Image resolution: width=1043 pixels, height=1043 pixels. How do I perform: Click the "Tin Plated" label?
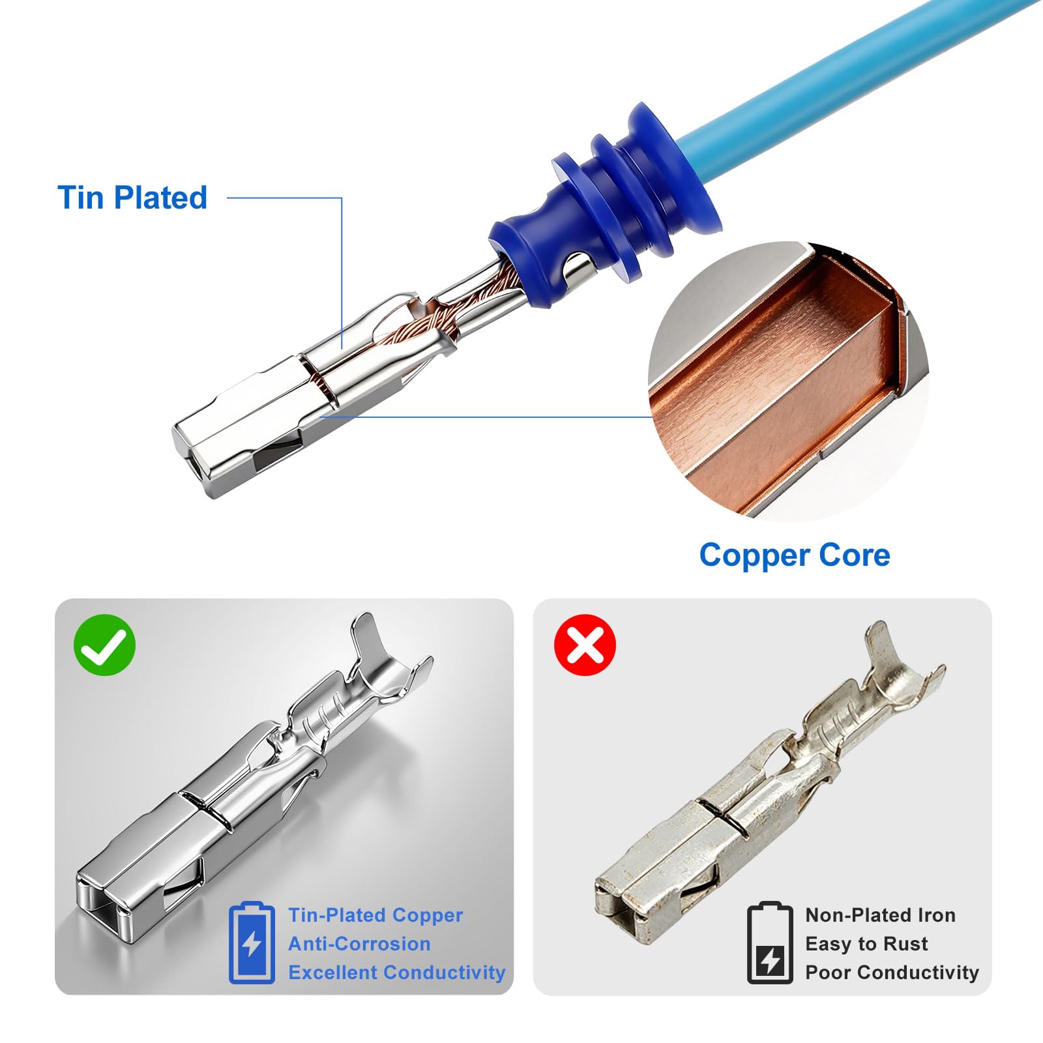pos(132,198)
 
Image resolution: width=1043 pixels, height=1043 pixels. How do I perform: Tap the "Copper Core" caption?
pos(795,555)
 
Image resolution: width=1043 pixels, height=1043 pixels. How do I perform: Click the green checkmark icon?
pos(104,645)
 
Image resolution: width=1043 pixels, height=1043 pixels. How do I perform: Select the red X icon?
pos(585,645)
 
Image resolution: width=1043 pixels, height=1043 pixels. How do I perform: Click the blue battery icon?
pos(252,943)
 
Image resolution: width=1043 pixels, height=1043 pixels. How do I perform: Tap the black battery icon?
pos(770,943)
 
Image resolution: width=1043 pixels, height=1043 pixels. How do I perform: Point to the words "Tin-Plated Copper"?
pos(375,915)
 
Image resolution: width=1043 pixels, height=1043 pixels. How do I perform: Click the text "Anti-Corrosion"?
pos(359,944)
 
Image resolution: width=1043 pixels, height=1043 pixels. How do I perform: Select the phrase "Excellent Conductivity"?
pos(397,973)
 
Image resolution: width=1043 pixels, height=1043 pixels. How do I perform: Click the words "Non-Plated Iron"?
pos(881,915)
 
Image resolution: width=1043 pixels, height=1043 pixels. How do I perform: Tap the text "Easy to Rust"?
pos(866,944)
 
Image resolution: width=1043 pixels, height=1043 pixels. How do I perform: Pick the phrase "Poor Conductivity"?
pos(892,973)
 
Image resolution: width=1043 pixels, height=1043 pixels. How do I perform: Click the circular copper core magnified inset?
pos(788,381)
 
